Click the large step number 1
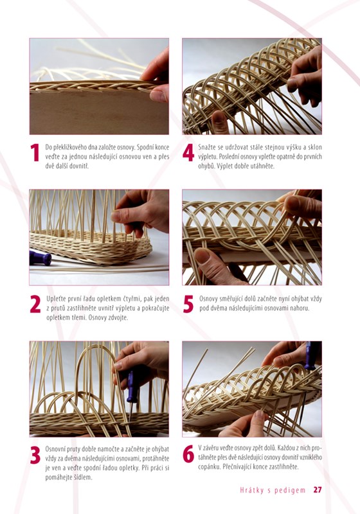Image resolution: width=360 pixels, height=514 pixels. [x=35, y=152]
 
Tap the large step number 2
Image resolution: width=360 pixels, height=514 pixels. [x=35, y=304]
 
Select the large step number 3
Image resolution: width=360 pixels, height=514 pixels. [x=35, y=455]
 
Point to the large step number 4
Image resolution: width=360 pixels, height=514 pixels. [x=188, y=152]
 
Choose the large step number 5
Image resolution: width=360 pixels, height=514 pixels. [x=188, y=304]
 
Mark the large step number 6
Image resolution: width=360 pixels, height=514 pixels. [x=188, y=454]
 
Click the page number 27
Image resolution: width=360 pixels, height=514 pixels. [x=318, y=490]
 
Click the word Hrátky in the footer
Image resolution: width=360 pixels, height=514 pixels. [x=251, y=490]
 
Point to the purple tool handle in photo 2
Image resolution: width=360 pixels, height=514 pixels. [x=40, y=258]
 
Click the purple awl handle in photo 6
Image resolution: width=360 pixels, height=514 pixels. [x=310, y=355]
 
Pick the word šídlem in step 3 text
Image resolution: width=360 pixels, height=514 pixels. [x=83, y=477]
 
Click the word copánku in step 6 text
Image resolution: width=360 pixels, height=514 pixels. [x=209, y=466]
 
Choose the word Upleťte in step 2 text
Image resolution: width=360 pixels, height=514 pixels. [x=56, y=299]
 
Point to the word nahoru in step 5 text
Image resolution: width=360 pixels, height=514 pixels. [x=300, y=308]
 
